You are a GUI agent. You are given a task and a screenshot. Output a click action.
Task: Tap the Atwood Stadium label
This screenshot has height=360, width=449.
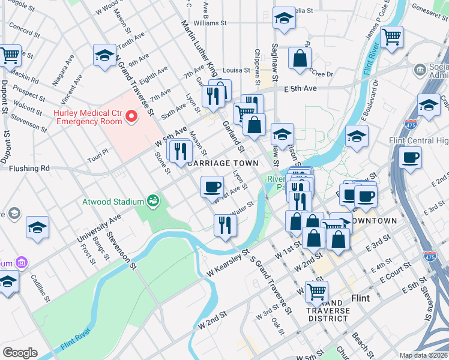(113, 201)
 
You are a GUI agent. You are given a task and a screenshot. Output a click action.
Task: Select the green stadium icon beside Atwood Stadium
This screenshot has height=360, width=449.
(154, 200)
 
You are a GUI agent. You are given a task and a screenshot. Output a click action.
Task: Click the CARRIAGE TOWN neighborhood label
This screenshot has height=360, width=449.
(223, 163)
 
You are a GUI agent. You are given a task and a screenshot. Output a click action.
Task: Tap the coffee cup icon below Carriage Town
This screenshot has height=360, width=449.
(211, 187)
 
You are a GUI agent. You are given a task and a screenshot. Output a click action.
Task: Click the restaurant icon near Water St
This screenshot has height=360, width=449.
(225, 226)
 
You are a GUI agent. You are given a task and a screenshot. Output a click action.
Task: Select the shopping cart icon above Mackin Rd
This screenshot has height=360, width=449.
(10, 56)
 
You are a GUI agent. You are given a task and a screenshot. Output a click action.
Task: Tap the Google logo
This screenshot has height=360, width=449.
(20, 353)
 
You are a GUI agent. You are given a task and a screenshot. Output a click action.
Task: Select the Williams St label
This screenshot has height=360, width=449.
(209, 23)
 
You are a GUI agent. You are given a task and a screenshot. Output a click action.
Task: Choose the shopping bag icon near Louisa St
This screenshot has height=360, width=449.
(299, 58)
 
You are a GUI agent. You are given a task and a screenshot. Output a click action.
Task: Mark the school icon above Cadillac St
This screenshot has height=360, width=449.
(37, 227)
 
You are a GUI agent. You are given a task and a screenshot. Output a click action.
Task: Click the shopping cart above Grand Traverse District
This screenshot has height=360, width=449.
(316, 292)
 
